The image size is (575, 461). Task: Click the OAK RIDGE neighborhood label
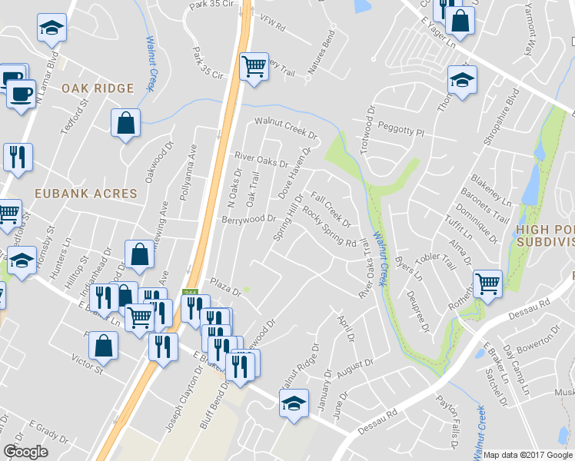(x=98, y=88)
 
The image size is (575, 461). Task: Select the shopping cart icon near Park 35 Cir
(x=254, y=67)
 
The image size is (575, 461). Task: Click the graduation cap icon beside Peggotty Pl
(x=462, y=80)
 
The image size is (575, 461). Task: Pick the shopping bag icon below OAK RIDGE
(x=125, y=123)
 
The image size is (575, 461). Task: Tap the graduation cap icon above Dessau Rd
(x=294, y=404)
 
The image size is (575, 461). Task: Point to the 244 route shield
(x=190, y=294)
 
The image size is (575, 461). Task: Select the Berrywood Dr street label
(x=248, y=219)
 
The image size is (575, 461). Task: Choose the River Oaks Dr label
(x=261, y=159)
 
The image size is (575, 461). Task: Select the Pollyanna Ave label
(x=184, y=175)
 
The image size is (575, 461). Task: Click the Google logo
(x=25, y=451)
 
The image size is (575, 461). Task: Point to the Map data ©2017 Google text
(x=528, y=455)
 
